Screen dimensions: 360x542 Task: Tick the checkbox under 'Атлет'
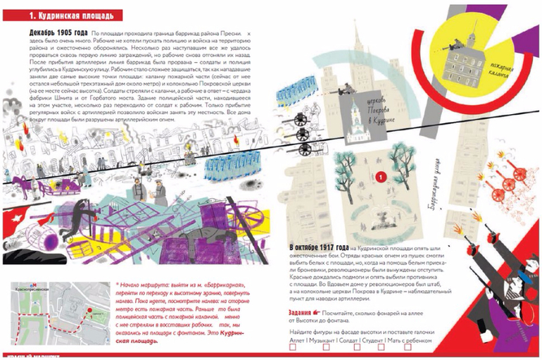click(x=307, y=345)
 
